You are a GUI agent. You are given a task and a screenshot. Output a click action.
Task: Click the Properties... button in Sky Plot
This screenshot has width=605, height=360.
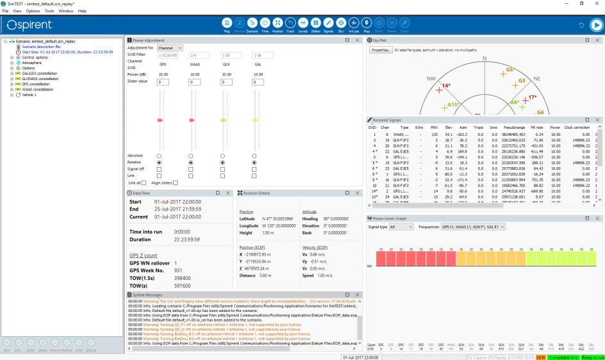pyautogui.click(x=381, y=49)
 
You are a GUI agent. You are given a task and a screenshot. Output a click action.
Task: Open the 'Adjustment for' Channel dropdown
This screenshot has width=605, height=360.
pyautogui.click(x=170, y=48)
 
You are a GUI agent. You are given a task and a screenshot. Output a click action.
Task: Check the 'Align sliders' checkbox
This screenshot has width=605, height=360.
pyautogui.click(x=175, y=183)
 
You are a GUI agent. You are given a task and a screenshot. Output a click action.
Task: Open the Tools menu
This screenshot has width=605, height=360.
pyautogui.click(x=49, y=11)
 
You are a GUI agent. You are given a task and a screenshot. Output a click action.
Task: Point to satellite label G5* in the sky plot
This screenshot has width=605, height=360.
pyautogui.click(x=510, y=70)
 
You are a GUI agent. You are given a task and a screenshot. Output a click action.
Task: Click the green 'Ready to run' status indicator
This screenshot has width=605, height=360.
pyautogui.click(x=592, y=356)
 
